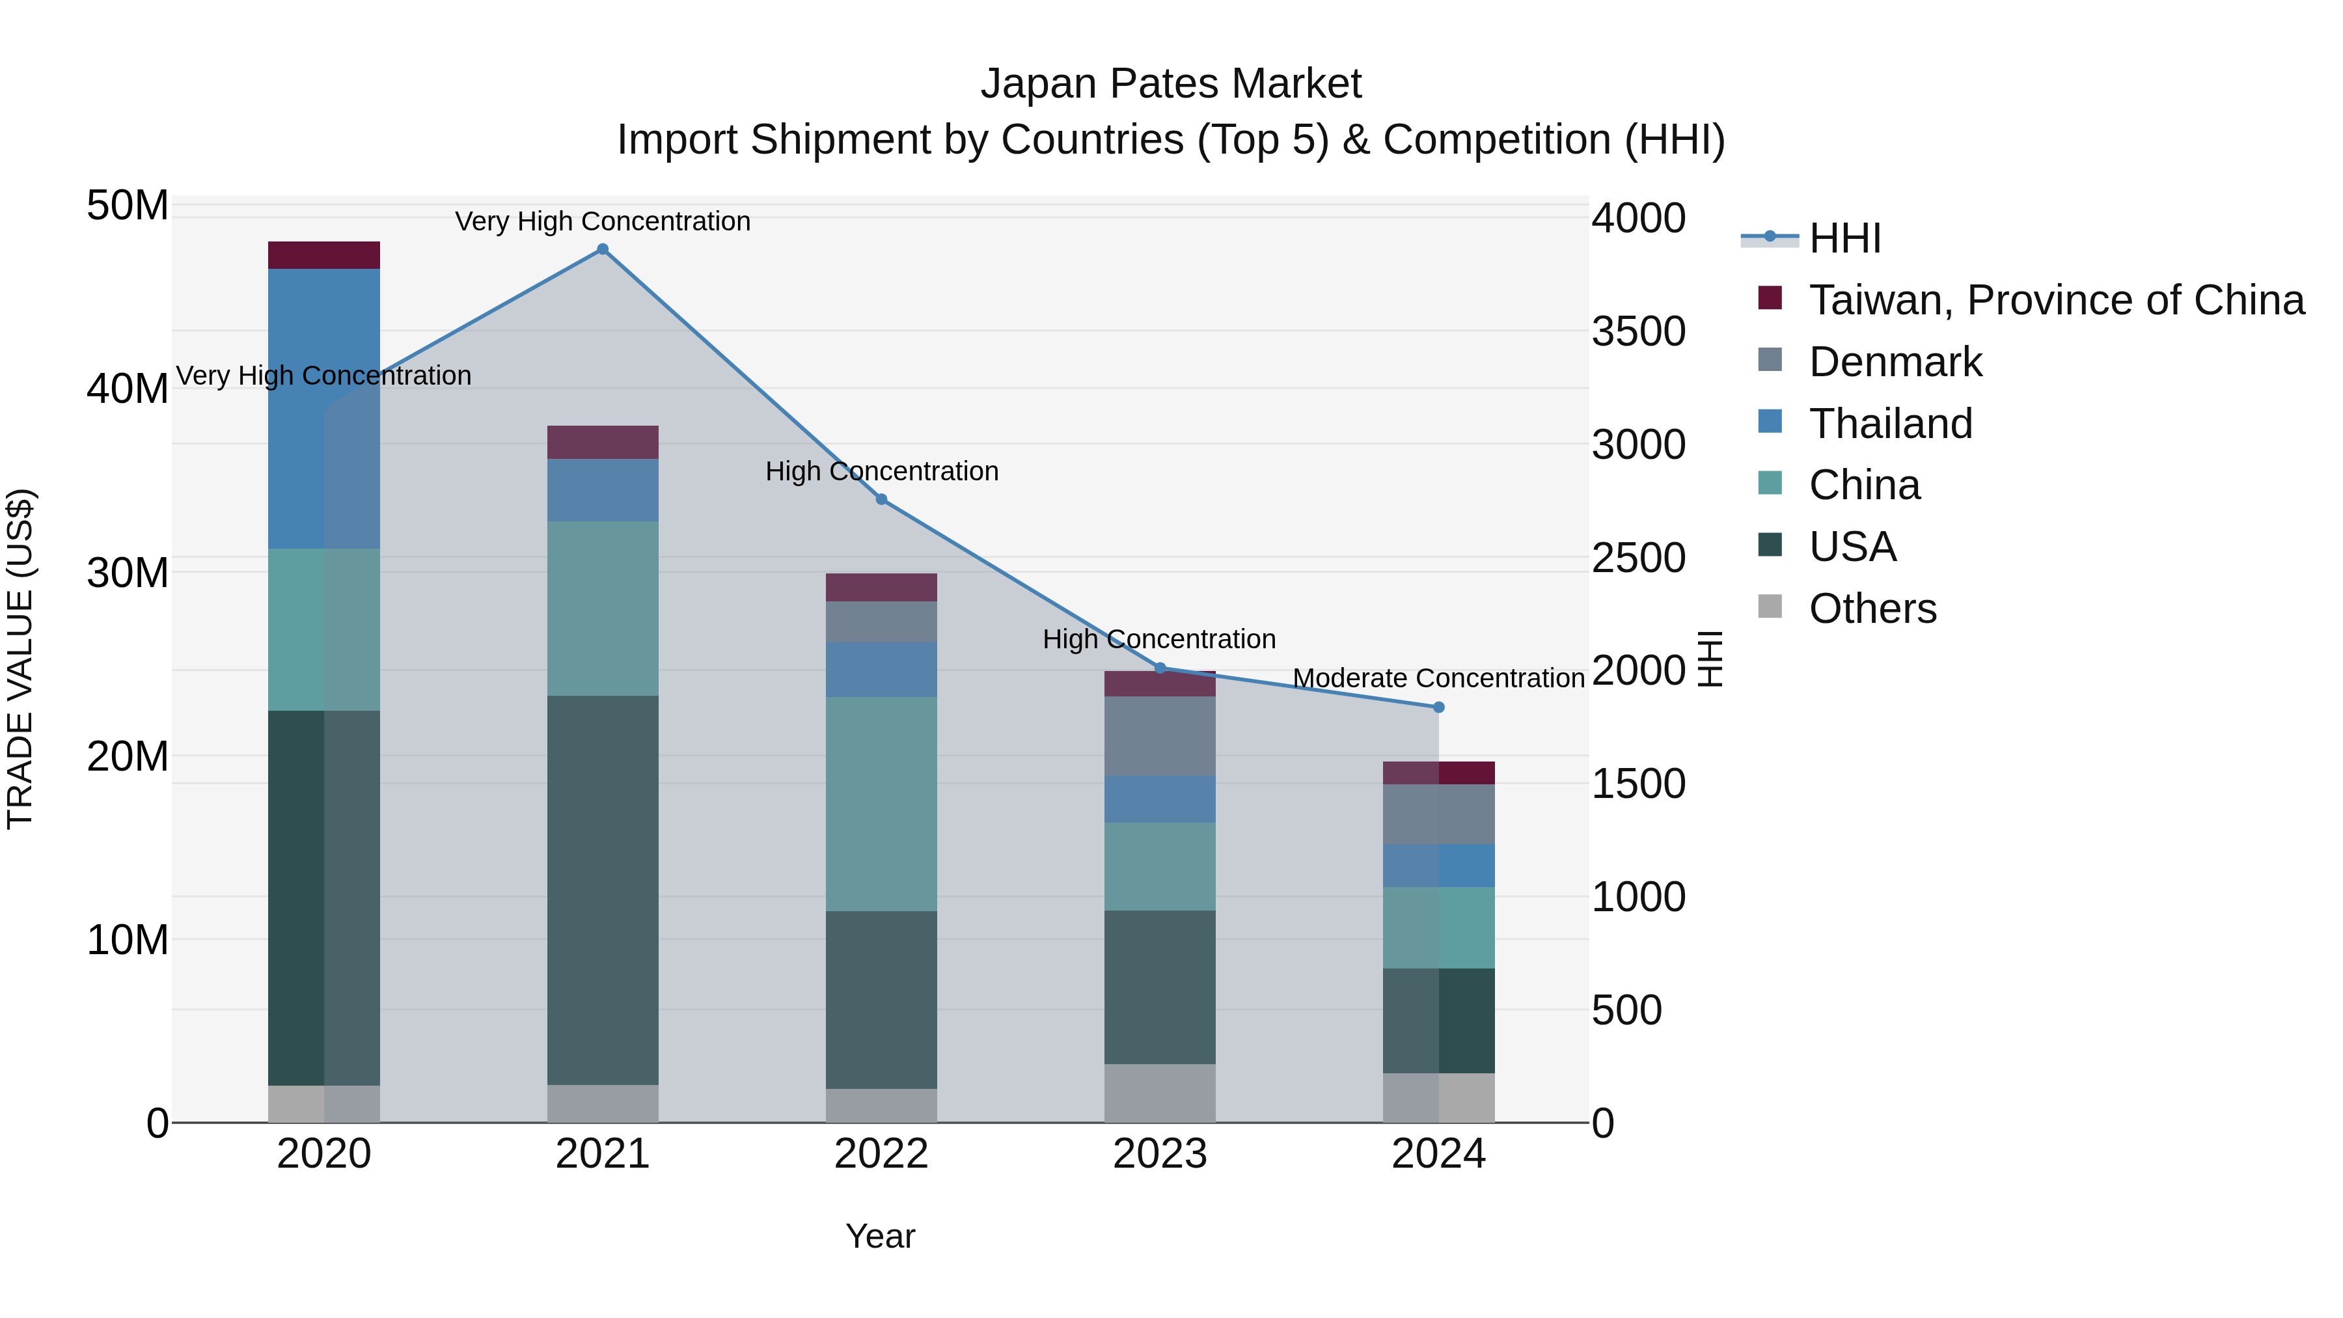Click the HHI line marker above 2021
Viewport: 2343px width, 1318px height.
[x=602, y=249]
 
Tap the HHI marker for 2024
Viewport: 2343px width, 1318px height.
[x=1438, y=707]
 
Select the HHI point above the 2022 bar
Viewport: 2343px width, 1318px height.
[x=881, y=499]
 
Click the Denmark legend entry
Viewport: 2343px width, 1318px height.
[x=1895, y=362]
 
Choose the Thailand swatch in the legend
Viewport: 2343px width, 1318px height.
[x=1770, y=421]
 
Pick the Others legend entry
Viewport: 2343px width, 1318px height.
[x=1872, y=609]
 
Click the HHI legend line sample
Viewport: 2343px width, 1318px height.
[x=1769, y=238]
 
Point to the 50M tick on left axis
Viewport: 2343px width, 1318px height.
[x=128, y=206]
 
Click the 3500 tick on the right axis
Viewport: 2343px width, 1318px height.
[x=1638, y=331]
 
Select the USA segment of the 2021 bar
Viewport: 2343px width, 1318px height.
[x=602, y=890]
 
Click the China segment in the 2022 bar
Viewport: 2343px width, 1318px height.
[x=881, y=804]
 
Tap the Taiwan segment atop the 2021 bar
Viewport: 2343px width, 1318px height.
[x=602, y=442]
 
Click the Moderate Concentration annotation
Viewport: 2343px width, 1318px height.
[x=1438, y=679]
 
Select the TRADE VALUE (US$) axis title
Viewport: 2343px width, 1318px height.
[x=20, y=659]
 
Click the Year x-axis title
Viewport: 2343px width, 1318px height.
[x=879, y=1236]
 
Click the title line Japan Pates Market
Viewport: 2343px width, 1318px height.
[x=1171, y=84]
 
